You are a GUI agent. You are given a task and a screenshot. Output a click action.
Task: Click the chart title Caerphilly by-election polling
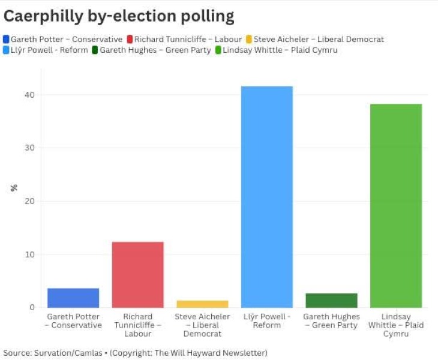(119, 16)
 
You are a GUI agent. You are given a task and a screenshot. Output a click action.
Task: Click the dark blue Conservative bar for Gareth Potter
(73, 298)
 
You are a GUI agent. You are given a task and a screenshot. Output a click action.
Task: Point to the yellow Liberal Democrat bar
(202, 304)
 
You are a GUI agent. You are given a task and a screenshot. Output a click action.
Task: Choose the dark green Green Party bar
(331, 300)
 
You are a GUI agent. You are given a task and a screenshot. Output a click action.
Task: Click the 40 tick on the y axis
(30, 95)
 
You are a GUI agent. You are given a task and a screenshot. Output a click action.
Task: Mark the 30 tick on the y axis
(30, 148)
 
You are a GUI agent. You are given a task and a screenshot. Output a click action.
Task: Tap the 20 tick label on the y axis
(30, 201)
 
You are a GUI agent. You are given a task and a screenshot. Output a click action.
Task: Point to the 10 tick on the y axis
(30, 254)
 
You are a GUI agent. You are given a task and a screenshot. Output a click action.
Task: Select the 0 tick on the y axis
(32, 307)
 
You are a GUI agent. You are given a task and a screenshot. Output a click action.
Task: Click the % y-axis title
(14, 188)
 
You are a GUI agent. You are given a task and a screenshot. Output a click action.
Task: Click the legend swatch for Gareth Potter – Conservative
(7, 40)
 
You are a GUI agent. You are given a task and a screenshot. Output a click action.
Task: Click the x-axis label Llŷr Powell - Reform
(267, 320)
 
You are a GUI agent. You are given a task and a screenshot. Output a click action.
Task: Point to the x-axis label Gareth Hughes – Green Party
(331, 320)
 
